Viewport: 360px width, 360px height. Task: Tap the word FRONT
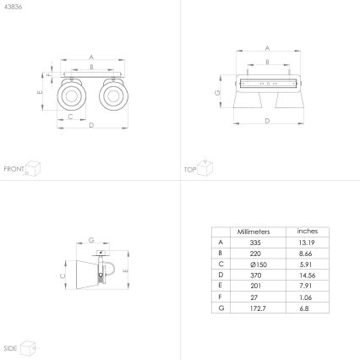click(x=14, y=169)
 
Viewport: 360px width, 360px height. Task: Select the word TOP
click(x=189, y=169)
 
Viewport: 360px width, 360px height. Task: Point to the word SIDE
click(x=11, y=347)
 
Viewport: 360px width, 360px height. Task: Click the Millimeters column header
click(x=253, y=231)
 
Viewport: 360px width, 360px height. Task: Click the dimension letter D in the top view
click(x=267, y=122)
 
